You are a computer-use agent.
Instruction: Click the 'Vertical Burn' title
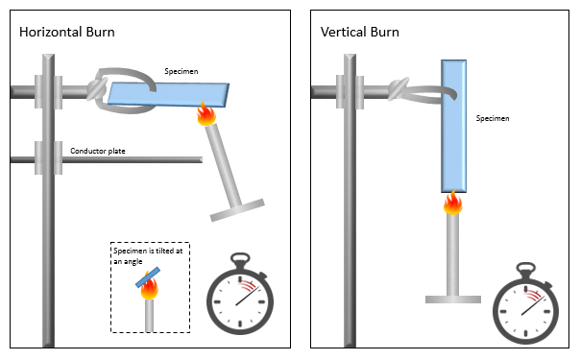(x=360, y=33)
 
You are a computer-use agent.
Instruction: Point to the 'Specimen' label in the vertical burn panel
(x=493, y=119)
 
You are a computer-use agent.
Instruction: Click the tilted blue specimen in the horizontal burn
(x=169, y=93)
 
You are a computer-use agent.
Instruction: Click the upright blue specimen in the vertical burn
(x=454, y=126)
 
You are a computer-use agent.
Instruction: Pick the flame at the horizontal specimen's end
(x=205, y=116)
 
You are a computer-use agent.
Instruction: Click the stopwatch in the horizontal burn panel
(x=241, y=299)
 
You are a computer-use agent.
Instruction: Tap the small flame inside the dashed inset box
(x=149, y=289)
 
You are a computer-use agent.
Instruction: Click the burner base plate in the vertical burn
(x=452, y=300)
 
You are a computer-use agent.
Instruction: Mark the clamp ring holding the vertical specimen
(x=416, y=92)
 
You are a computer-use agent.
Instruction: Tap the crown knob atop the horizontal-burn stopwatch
(x=241, y=257)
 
